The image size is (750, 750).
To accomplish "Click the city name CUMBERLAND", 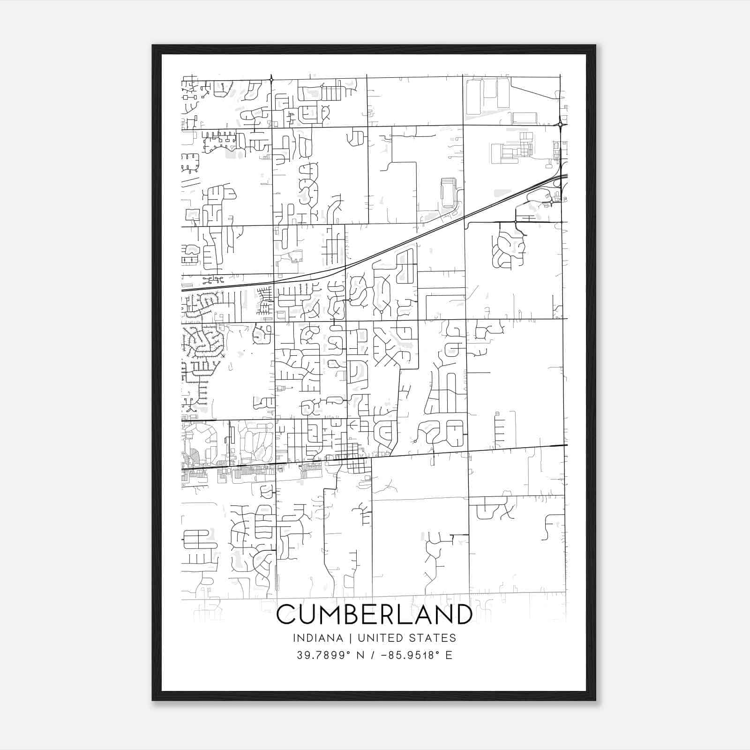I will pos(374,615).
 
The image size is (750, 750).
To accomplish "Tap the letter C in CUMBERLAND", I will pos(287,615).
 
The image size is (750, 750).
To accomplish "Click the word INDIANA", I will pos(315,638).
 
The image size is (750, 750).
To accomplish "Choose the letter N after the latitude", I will pos(360,655).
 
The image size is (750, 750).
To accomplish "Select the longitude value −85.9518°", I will pos(410,655).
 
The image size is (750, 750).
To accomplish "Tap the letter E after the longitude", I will pos(449,655).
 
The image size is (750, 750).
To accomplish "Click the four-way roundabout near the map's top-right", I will pos(561,124).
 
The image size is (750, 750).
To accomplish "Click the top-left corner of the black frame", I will pos(153,45).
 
